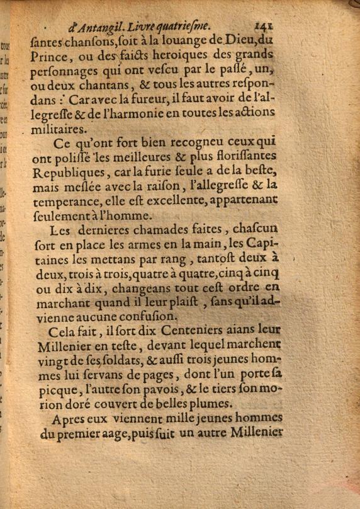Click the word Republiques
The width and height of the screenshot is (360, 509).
(66, 172)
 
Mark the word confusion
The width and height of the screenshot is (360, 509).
(147, 317)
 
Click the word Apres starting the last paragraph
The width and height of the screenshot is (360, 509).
(69, 420)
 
